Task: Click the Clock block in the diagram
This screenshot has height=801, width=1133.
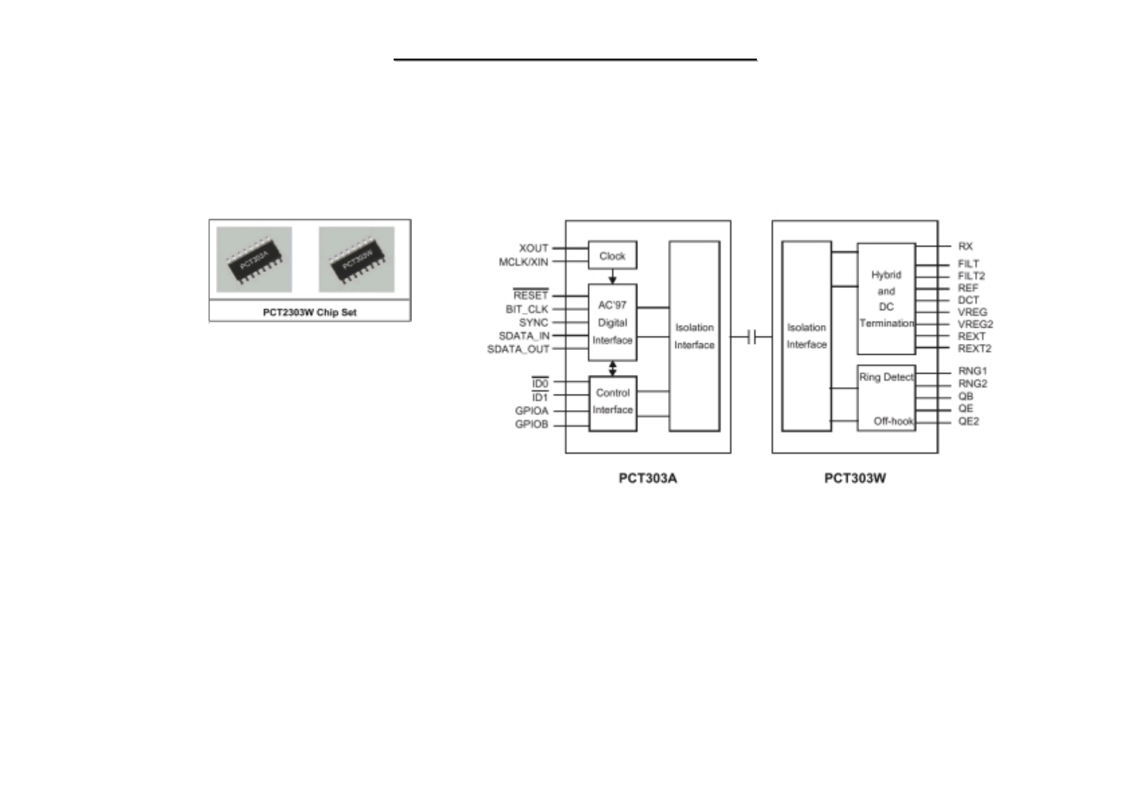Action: point(612,256)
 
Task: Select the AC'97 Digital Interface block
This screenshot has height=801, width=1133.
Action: point(612,322)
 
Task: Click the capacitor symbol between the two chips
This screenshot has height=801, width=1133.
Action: point(752,337)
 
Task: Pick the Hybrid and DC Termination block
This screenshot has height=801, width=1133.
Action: point(886,299)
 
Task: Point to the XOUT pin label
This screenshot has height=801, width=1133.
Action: point(534,248)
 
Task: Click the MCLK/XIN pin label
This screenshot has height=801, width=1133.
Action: point(523,262)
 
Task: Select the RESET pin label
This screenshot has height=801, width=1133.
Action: point(531,295)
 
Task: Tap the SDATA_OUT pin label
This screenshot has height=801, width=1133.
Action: point(518,349)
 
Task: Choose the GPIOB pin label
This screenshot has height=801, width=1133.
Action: point(532,425)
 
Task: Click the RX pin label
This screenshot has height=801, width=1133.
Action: point(965,246)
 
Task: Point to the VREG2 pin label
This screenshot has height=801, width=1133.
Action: point(975,324)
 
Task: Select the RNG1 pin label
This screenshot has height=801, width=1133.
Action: point(972,371)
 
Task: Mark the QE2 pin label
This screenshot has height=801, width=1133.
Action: point(968,421)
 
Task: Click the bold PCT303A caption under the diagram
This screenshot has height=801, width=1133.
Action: point(648,479)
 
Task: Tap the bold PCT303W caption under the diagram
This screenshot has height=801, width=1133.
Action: point(855,479)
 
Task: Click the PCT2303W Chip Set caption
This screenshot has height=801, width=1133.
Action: point(309,312)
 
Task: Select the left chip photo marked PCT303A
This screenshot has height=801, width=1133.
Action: point(254,259)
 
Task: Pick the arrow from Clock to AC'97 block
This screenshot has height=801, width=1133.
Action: point(612,276)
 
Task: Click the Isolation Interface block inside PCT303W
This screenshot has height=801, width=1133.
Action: point(807,336)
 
